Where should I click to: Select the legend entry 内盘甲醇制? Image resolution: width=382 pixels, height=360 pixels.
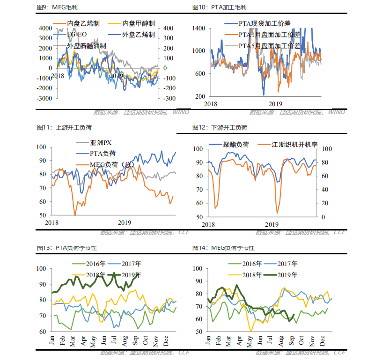[139, 23]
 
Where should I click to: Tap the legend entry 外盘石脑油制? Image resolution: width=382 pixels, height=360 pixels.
[87, 46]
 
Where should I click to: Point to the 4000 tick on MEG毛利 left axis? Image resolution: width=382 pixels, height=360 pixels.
[45, 29]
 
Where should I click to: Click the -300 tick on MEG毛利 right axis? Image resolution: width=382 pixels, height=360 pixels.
[169, 99]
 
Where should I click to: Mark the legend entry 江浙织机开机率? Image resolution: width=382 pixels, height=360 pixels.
[294, 145]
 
